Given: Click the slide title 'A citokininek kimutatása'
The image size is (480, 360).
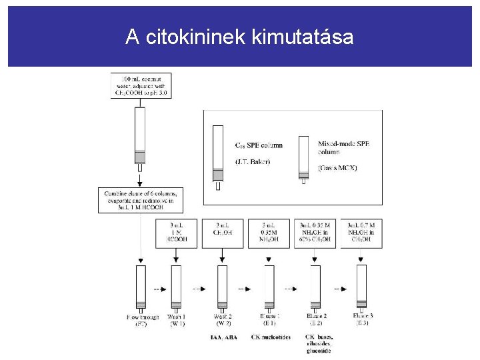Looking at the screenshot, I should tap(239, 37).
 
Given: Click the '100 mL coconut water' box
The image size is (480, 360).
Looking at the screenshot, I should tap(141, 85).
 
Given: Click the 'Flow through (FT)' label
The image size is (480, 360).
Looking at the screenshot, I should tap(141, 321).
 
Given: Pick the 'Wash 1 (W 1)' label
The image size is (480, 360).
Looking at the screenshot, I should tap(177, 321).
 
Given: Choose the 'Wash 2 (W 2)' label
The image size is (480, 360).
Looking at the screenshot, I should tap(222, 321).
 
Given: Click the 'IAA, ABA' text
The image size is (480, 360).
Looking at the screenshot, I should tap(223, 337).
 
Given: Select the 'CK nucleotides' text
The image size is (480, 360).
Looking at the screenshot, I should tap(271, 337).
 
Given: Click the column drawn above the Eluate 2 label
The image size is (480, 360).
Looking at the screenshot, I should tap(315, 287).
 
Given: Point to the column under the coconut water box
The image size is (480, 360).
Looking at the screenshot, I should tap(140, 137).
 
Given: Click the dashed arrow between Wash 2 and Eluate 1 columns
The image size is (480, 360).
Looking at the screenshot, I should tap(245, 289).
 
